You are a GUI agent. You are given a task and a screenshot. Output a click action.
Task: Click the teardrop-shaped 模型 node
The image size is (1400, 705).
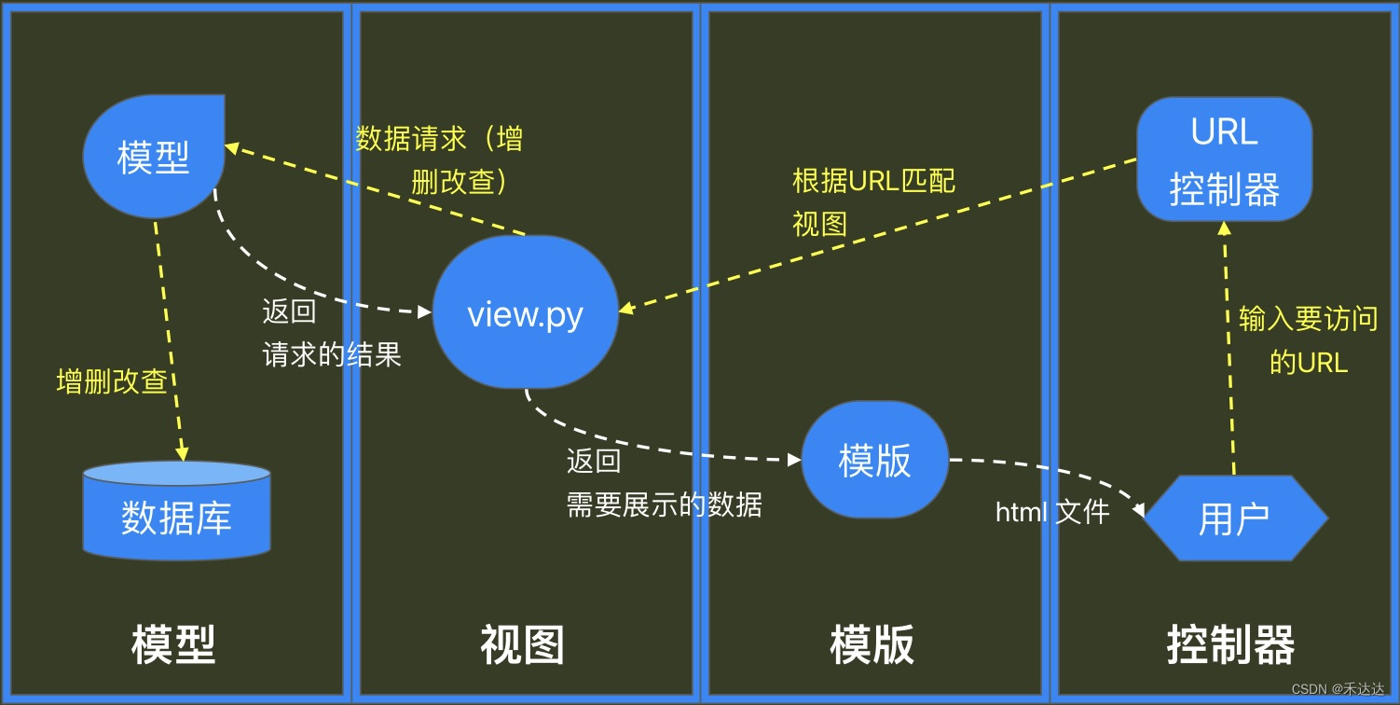click(154, 156)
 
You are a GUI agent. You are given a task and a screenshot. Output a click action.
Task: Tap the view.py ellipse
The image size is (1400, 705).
click(525, 313)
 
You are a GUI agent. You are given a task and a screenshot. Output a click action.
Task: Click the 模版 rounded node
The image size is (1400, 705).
click(874, 460)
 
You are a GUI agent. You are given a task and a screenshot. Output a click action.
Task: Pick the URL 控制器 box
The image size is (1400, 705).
click(1224, 159)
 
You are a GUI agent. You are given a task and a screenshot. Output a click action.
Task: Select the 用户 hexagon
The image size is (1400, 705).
click(1234, 518)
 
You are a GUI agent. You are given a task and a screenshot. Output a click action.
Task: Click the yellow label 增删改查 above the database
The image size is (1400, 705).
click(112, 382)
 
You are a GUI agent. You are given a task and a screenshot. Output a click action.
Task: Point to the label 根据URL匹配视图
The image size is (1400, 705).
click(873, 201)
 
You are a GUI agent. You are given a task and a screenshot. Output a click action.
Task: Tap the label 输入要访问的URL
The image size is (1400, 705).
click(1308, 339)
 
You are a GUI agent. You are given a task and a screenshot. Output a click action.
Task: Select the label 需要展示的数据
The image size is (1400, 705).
click(664, 505)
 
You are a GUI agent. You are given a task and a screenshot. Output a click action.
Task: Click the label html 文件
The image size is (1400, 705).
click(1051, 511)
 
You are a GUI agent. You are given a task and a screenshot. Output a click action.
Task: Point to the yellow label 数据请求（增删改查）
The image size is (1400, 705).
click(440, 160)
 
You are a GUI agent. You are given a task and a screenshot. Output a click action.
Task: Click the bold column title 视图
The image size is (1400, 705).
click(522, 644)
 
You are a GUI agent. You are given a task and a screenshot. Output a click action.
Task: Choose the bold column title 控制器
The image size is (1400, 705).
click(1230, 644)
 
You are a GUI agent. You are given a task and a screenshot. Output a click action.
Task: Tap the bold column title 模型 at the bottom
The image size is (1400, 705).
click(173, 644)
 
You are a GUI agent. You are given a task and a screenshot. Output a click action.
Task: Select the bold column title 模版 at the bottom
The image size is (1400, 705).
click(872, 644)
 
